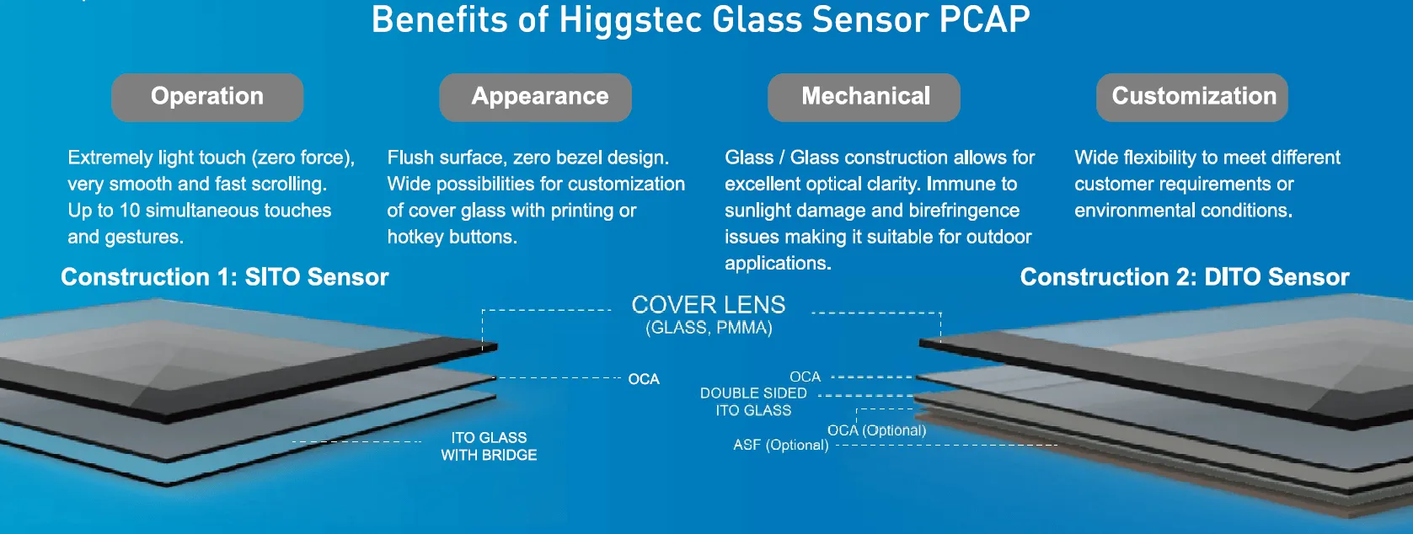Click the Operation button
pos(207,97)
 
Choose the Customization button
pos(1192,97)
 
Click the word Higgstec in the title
pos(630,20)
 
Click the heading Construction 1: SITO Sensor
pos(224,277)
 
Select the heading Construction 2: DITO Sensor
pos(1184,277)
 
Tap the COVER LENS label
pos(708,305)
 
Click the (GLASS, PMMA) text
pos(709,328)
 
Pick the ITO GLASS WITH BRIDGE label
pos(489,446)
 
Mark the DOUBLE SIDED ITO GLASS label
pos(753,402)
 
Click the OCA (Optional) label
pos(876,430)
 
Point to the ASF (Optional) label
pos(780,445)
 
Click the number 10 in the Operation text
pos(129,211)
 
